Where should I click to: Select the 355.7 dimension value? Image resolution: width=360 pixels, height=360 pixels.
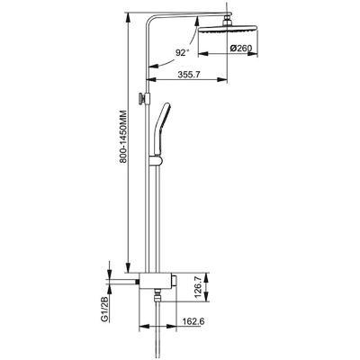[x=188, y=75]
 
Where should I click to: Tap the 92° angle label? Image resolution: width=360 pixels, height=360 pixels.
[x=182, y=53]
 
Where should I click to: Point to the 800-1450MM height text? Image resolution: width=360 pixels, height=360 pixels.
[x=122, y=138]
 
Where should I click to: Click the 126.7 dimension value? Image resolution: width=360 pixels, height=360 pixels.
[x=198, y=287]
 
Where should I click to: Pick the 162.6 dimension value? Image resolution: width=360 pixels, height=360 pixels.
[x=193, y=321]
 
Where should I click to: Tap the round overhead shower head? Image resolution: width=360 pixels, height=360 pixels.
[x=228, y=29]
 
